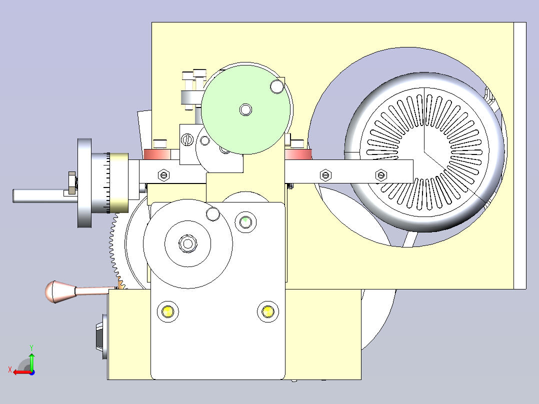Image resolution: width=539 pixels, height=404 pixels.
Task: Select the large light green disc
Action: pos(245,109)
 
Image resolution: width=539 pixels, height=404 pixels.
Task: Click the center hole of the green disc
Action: pos(246,110)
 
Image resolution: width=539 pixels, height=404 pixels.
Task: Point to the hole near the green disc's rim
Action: pos(276,86)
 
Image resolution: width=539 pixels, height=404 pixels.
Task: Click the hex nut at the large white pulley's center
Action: pos(187,244)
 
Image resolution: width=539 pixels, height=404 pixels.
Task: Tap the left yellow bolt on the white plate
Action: pos(168,312)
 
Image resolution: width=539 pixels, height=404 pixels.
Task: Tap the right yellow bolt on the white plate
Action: pos(268,312)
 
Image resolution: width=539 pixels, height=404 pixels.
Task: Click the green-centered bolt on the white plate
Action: pos(245,222)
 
